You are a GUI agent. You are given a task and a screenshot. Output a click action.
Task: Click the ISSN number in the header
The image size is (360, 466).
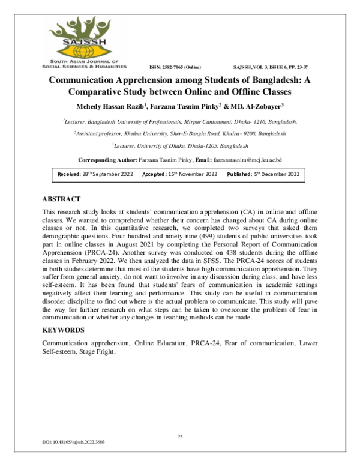click(175, 67)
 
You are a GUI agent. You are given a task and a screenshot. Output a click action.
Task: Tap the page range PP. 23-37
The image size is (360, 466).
click(298, 67)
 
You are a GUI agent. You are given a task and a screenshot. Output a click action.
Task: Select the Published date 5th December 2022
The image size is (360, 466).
click(280, 174)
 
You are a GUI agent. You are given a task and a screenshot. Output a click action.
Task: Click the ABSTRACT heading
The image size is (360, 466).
click(61, 199)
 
